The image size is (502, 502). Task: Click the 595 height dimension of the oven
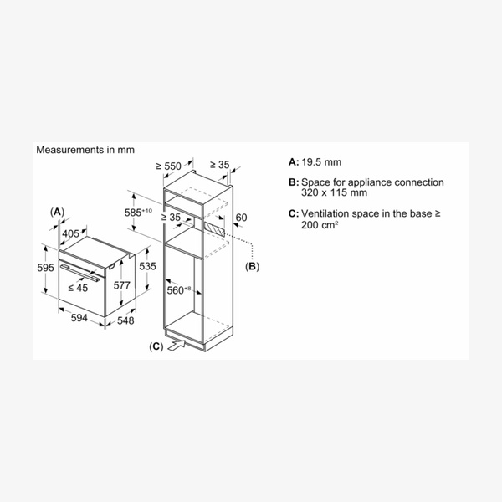pyautogui.click(x=45, y=268)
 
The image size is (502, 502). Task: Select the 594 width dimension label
pyautogui.click(x=79, y=318)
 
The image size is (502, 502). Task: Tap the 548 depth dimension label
pyautogui.click(x=125, y=320)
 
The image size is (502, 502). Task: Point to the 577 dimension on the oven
pyautogui.click(x=122, y=285)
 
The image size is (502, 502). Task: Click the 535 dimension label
pyautogui.click(x=147, y=266)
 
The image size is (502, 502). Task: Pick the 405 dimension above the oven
pyautogui.click(x=70, y=233)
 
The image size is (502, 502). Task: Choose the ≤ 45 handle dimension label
pyautogui.click(x=78, y=288)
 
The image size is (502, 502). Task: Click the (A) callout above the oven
pyautogui.click(x=57, y=212)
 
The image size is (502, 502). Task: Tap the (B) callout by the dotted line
pyautogui.click(x=253, y=266)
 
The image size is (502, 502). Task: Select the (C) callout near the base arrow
pyautogui.click(x=156, y=346)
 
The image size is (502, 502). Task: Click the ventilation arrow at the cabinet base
pyautogui.click(x=177, y=346)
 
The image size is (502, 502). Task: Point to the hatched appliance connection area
pyautogui.click(x=214, y=229)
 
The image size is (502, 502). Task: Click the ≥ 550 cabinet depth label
pyautogui.click(x=169, y=166)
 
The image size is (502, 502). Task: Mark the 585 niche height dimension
pyautogui.click(x=138, y=213)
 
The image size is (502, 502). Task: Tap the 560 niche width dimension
pyautogui.click(x=179, y=290)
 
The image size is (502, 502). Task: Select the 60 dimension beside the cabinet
pyautogui.click(x=242, y=218)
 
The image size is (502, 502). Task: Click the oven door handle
pyautogui.click(x=80, y=273)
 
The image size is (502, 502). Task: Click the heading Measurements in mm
pyautogui.click(x=85, y=150)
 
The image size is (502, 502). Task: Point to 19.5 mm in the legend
pyautogui.click(x=321, y=162)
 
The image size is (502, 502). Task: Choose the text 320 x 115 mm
pyautogui.click(x=334, y=192)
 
